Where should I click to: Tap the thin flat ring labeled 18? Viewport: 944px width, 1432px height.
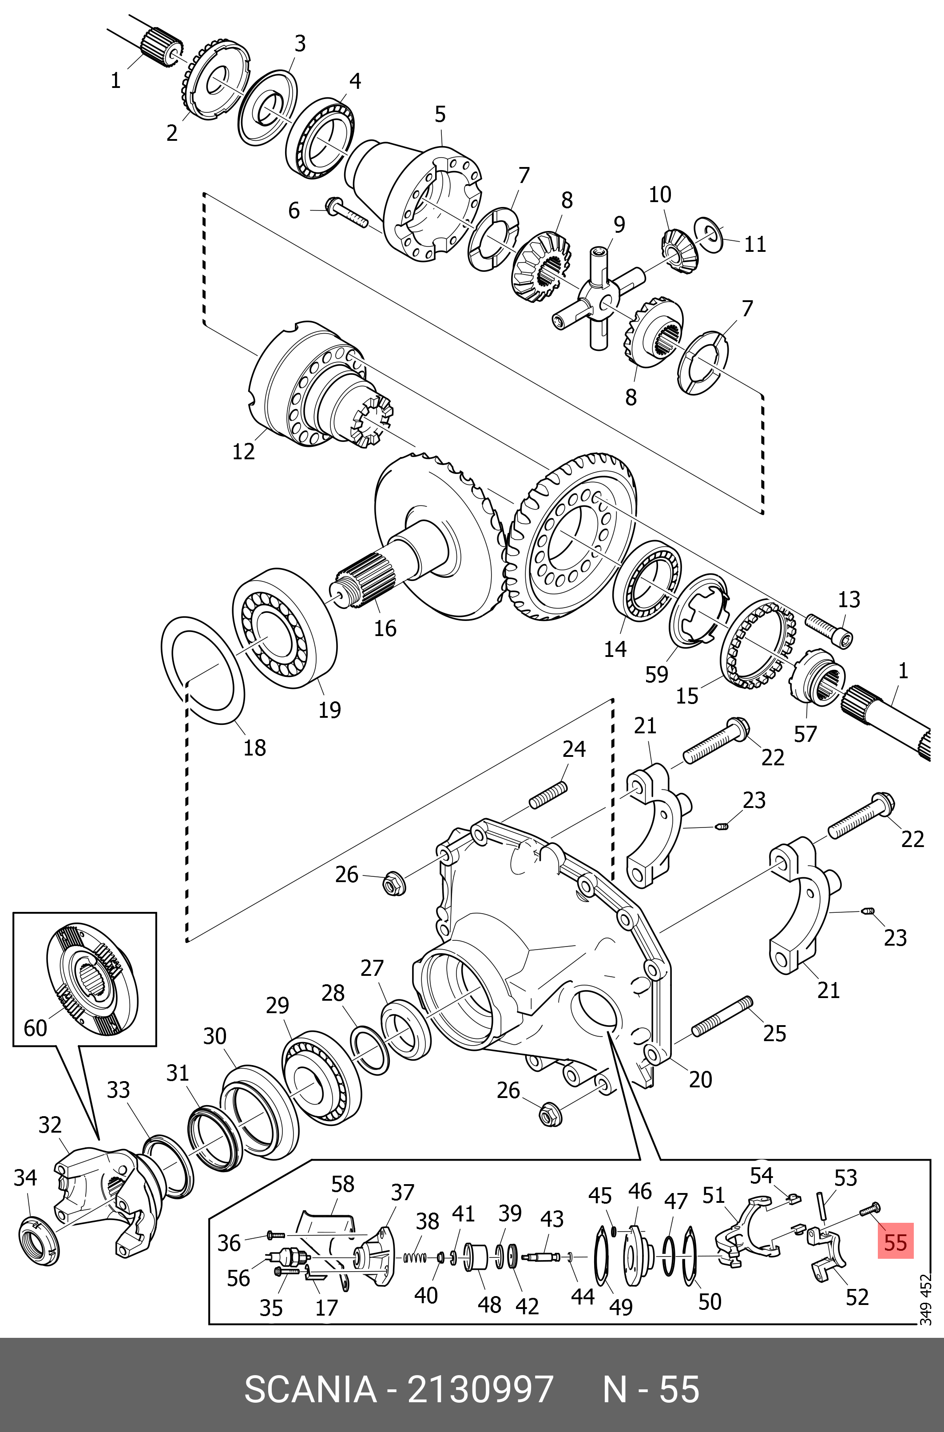point(203,668)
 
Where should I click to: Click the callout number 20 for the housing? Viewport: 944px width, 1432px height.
point(700,1080)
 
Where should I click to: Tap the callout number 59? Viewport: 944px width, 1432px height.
point(656,674)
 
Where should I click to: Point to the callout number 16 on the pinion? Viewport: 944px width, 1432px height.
point(385,628)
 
